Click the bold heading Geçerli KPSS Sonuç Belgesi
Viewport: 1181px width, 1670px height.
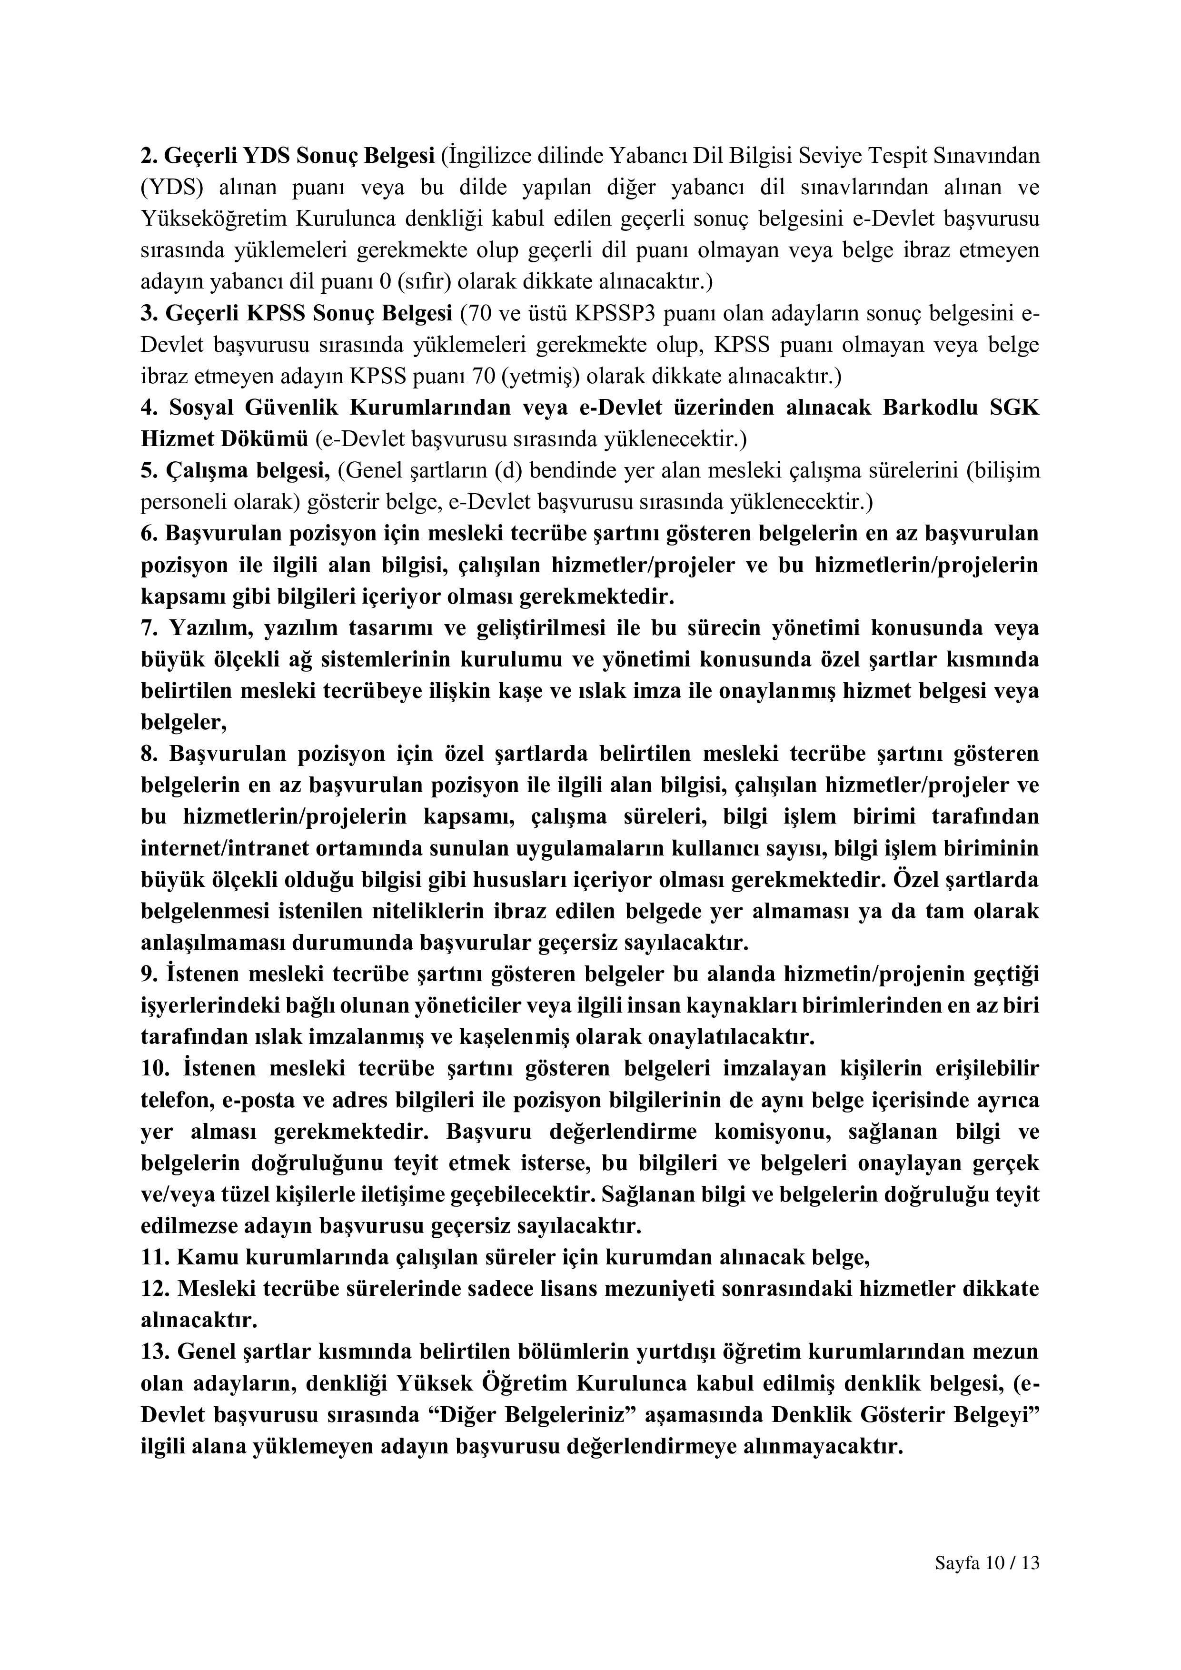click(x=308, y=314)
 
